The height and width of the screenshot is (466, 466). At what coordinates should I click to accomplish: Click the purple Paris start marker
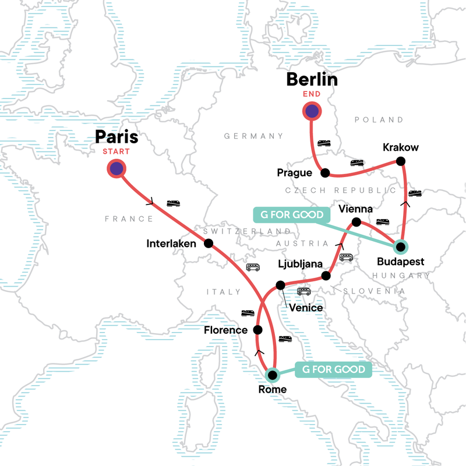pos(116,169)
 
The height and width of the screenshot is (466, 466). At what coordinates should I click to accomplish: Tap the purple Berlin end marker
pos(313,111)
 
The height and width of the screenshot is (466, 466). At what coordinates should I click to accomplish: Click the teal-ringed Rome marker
pos(271,375)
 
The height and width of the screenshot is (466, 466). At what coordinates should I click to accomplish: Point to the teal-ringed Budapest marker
pos(401,246)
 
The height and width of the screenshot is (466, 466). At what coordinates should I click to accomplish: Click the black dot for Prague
pos(325,172)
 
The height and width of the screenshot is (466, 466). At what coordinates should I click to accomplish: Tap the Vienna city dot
pos(355,221)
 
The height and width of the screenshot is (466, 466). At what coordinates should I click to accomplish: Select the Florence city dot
pos(257,330)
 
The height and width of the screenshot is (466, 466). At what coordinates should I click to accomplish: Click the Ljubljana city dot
pos(327,275)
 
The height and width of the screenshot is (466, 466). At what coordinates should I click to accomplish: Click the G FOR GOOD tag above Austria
pos(288,215)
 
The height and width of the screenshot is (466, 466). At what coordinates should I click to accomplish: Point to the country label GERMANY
pos(253,136)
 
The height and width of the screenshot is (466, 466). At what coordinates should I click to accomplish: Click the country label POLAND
pos(379,120)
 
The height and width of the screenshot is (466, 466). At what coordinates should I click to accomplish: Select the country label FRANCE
pos(129,219)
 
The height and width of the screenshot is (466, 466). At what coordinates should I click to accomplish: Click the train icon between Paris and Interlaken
pos(174,203)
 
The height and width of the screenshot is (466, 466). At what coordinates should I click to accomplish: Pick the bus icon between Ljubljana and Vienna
pos(347,257)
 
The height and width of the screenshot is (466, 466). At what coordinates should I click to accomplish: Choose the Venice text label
pos(302,307)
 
